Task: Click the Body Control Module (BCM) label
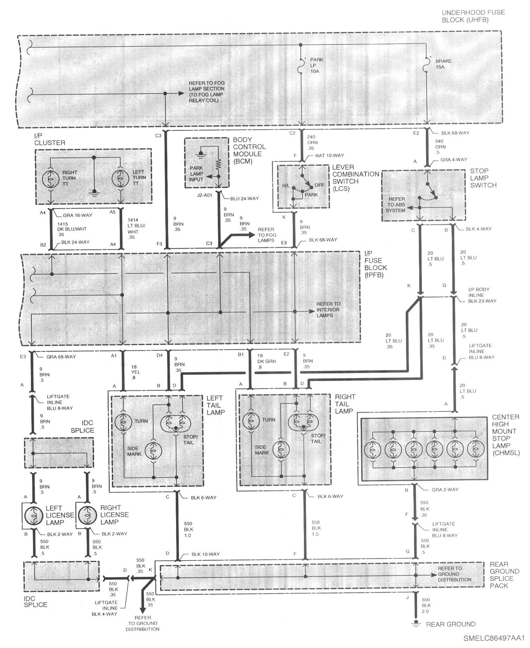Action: tap(249, 150)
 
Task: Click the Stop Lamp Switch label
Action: tap(483, 178)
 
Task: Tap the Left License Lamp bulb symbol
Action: tap(34, 515)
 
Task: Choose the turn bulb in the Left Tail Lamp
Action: tap(123, 422)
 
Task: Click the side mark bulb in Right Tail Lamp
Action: tap(281, 450)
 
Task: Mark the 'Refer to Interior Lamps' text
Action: tap(328, 310)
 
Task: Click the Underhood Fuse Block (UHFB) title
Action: tap(473, 16)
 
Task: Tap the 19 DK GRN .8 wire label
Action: tap(266, 362)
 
